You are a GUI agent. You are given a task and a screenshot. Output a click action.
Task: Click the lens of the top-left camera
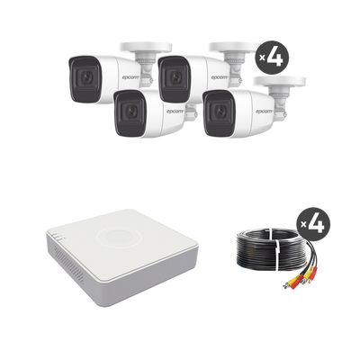click(x=85, y=78)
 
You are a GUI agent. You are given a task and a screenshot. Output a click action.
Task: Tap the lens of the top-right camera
click(x=175, y=78)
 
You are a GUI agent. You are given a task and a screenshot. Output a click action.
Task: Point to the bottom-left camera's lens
click(x=130, y=111)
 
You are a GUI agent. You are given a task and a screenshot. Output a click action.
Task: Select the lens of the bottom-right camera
click(x=220, y=111)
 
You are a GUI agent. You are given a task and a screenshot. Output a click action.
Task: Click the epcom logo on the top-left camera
click(x=130, y=77)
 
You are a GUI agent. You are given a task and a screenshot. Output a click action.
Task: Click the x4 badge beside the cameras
click(x=272, y=57)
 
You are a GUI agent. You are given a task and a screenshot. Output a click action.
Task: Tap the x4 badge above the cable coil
click(x=313, y=223)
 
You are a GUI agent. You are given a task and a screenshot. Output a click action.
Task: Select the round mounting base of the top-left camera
click(x=146, y=48)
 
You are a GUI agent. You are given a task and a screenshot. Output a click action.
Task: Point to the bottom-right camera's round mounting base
click(x=280, y=82)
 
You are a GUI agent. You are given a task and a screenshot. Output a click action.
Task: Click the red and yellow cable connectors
click(x=301, y=277)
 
